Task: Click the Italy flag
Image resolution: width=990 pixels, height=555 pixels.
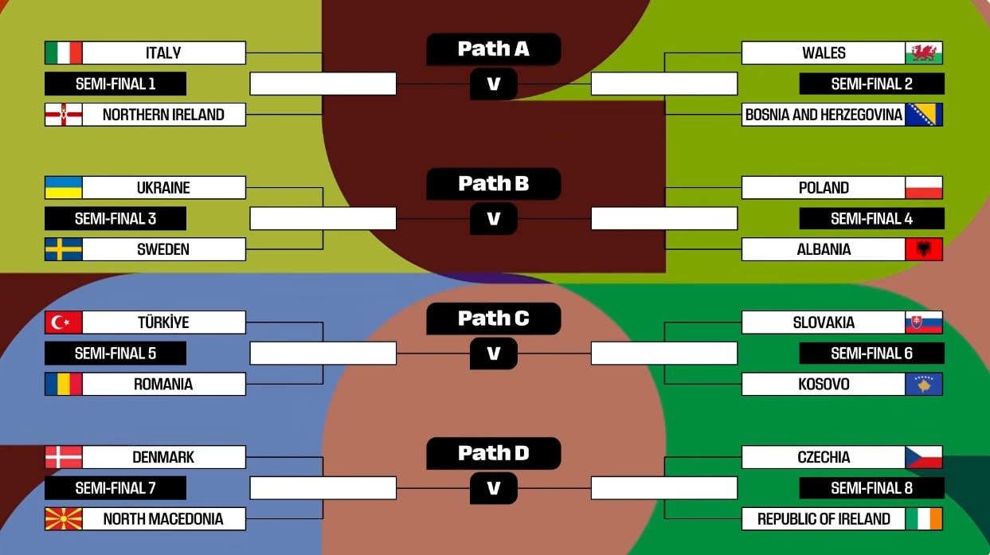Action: [x=64, y=53]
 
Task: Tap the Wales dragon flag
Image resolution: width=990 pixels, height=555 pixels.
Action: [x=924, y=53]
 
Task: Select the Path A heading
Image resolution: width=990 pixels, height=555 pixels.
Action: [x=494, y=49]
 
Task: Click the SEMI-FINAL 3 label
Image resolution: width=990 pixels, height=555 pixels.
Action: [x=115, y=218]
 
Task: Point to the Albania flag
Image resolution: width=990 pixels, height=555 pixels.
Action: [x=924, y=249]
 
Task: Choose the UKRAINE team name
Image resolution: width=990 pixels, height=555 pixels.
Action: [x=163, y=188]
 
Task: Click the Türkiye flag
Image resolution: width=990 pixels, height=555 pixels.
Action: [x=64, y=322]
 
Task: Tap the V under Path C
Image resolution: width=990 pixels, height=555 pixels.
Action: [x=494, y=354]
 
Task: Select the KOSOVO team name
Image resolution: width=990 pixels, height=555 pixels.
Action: [x=824, y=384]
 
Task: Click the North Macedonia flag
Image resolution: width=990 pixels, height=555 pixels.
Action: [x=64, y=519]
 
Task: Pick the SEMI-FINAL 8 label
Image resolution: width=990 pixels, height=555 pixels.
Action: [x=871, y=488]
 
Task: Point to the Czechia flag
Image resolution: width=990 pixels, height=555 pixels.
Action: [x=924, y=457]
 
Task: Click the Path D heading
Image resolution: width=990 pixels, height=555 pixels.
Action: [x=494, y=454]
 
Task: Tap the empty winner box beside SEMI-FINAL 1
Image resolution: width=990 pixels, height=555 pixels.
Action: [x=323, y=84]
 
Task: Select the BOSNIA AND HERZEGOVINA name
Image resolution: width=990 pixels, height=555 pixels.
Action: [x=824, y=115]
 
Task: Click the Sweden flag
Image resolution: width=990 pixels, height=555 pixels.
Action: [x=64, y=249]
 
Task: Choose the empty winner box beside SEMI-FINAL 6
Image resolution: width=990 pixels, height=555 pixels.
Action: [x=664, y=353]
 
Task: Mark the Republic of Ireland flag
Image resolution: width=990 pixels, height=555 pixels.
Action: [x=924, y=519]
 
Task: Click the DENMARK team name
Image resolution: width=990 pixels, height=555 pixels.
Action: [x=163, y=457]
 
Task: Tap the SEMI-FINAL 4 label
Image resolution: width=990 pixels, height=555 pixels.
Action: [x=871, y=218]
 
